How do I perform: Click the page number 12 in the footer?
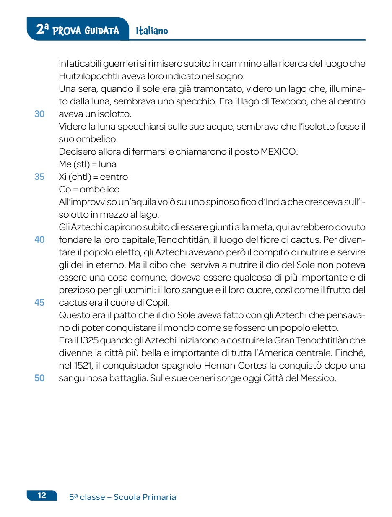[x=42, y=495]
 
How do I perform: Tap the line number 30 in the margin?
[x=39, y=114]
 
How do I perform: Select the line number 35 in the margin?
[x=39, y=177]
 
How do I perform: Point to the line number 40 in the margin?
[x=39, y=240]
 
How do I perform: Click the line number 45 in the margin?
[x=39, y=302]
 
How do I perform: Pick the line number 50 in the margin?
[x=39, y=378]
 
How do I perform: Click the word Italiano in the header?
[x=152, y=31]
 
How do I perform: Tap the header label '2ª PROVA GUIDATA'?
[x=78, y=30]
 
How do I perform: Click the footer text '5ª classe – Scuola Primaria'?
[x=122, y=497]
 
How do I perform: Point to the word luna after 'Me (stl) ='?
[x=108, y=164]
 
